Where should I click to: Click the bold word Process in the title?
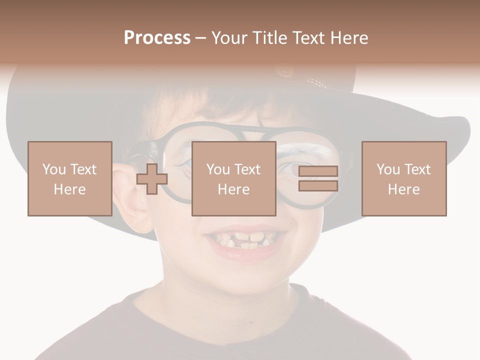point(157,38)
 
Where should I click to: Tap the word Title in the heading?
point(270,38)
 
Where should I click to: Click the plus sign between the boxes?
point(152,179)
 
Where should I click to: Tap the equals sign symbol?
point(318,178)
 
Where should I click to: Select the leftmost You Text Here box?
point(69,178)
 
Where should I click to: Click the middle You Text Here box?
point(233,178)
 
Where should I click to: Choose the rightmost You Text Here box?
point(403,178)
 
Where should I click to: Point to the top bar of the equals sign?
point(318,171)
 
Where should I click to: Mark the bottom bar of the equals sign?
point(318,185)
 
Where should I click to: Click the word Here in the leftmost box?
point(69,189)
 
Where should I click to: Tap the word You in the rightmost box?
point(387,169)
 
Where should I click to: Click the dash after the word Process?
point(200,38)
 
